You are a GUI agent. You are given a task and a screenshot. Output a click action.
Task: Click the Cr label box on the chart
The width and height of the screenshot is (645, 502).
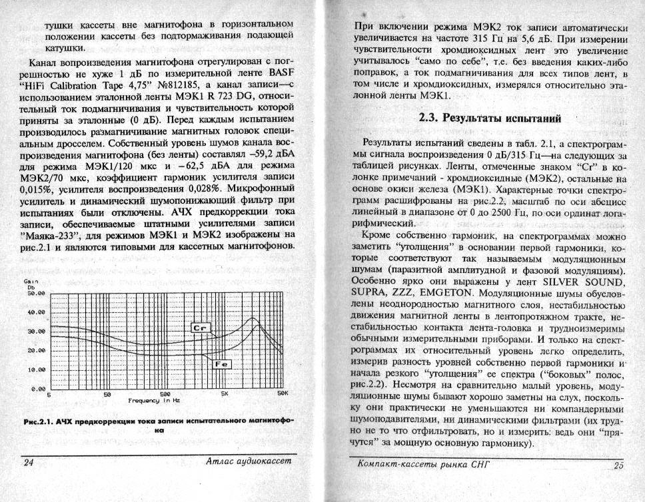point(200,328)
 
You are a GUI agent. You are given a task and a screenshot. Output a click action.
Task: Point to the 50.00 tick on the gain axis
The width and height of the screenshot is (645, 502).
point(34,293)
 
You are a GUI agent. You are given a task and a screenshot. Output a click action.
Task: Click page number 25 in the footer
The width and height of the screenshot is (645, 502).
point(618,465)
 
